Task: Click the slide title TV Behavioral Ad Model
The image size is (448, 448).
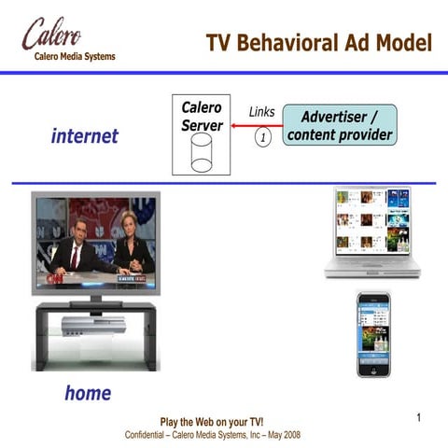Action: click(x=319, y=43)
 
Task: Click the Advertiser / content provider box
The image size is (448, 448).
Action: click(x=340, y=126)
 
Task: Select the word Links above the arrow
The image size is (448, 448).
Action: click(x=262, y=112)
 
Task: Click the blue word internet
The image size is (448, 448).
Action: click(x=85, y=136)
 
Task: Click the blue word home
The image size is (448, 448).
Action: click(x=88, y=393)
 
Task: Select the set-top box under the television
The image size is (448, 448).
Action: click(x=93, y=325)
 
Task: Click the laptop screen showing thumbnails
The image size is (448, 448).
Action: click(x=371, y=222)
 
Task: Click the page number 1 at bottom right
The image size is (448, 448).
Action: click(x=420, y=417)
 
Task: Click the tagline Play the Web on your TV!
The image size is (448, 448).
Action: click(x=212, y=423)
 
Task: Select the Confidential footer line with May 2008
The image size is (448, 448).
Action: click(x=212, y=435)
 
